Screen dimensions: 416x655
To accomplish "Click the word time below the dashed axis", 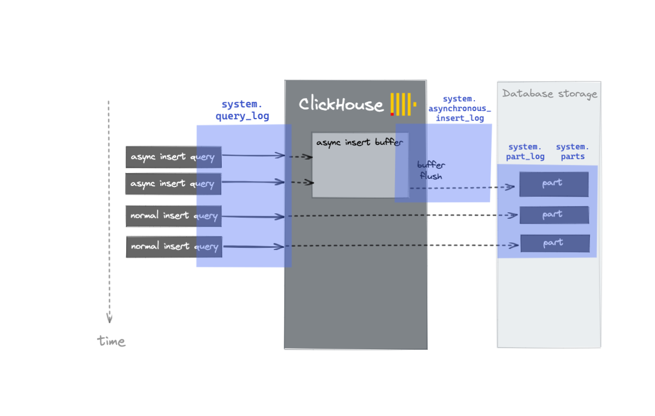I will [x=111, y=341].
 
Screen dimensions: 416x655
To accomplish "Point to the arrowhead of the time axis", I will [x=110, y=319].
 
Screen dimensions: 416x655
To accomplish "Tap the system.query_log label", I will [x=242, y=110].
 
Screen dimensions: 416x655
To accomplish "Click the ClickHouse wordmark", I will [x=341, y=104].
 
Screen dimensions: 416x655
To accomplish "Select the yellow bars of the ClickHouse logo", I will [x=402, y=104].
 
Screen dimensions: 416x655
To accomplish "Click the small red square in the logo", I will [x=392, y=114].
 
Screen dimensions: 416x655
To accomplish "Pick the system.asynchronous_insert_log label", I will [x=460, y=109].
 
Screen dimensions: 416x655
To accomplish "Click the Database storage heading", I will [x=549, y=94].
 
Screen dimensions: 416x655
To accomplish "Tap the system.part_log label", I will [x=525, y=151].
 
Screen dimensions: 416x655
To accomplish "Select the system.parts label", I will [x=572, y=151].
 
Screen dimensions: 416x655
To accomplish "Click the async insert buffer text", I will [x=359, y=143].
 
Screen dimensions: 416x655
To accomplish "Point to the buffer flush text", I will [x=431, y=170].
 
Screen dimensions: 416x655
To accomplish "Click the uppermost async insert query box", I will [x=173, y=157].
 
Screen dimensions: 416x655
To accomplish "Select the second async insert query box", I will [x=173, y=184].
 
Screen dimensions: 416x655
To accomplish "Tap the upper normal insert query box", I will [x=173, y=216].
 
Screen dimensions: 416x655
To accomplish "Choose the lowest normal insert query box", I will [x=174, y=246].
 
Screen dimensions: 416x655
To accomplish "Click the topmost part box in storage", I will [x=554, y=184].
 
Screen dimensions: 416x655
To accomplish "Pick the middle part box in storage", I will [x=554, y=215].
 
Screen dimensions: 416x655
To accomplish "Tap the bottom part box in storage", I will [x=555, y=243].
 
